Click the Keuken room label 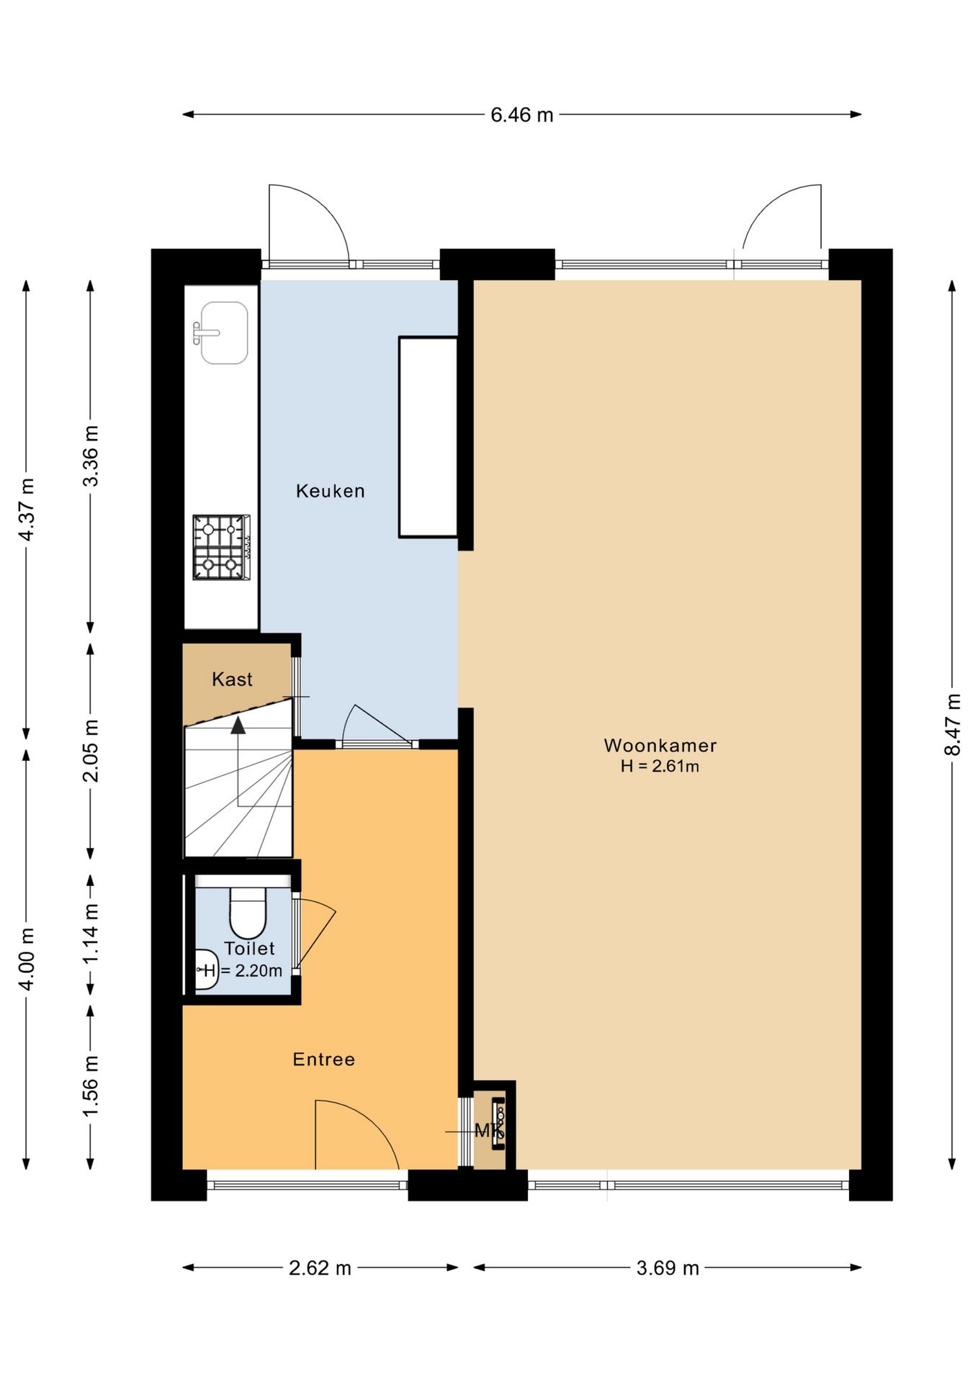pos(331,491)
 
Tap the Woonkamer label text pos(660,745)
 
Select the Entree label pos(324,1059)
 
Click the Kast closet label pos(232,679)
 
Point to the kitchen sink pos(223,333)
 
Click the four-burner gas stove pos(221,547)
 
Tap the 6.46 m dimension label pos(522,115)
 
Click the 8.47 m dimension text pos(952,724)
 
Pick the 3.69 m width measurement pos(668,1268)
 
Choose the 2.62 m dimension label pos(320,1268)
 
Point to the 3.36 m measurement pos(91,456)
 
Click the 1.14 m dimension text pos(91,934)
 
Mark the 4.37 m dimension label pos(27,510)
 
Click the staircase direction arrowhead pos(238,725)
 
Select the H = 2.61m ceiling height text pos(660,766)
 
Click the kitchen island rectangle pos(429,437)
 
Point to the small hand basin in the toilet pos(206,969)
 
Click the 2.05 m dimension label pos(91,750)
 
